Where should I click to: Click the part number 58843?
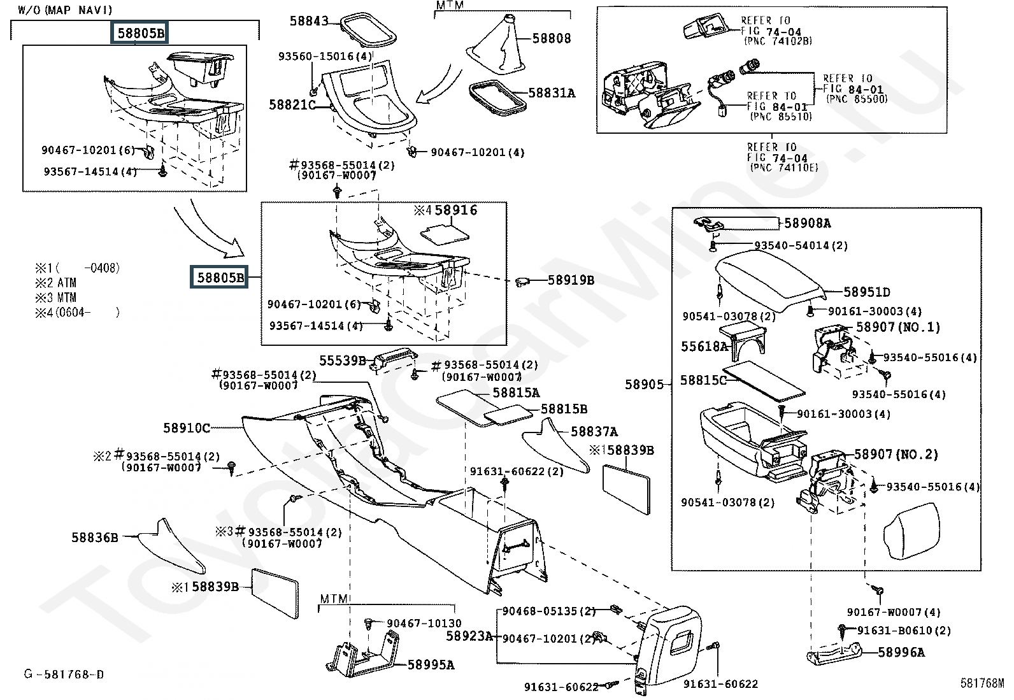(x=309, y=21)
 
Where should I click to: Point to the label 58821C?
(x=292, y=104)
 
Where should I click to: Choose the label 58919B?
(x=571, y=280)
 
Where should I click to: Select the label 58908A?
(x=807, y=224)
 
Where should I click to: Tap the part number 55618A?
(x=704, y=346)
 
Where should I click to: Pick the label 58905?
(x=644, y=384)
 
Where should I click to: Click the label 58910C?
(x=187, y=428)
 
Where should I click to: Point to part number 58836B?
(x=95, y=538)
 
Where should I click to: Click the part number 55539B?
(x=343, y=361)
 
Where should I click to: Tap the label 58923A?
(x=469, y=636)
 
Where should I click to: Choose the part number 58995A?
(x=431, y=665)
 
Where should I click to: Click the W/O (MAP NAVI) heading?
(x=64, y=10)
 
